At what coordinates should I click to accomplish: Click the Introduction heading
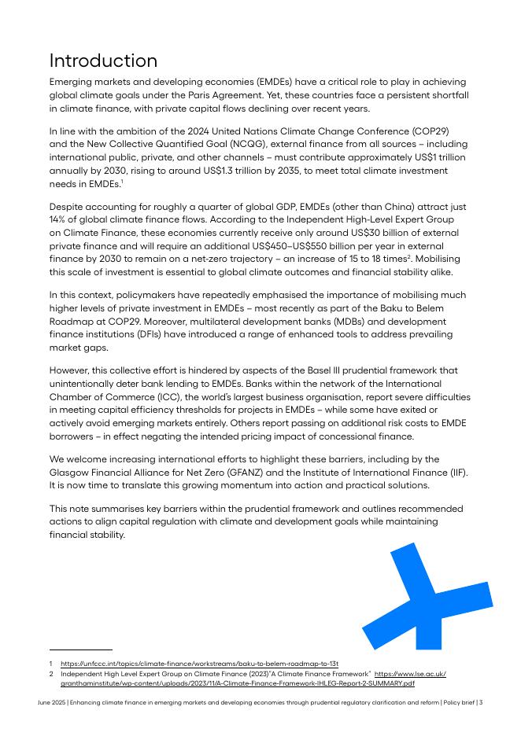coord(103,61)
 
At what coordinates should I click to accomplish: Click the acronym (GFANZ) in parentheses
coord(264,472)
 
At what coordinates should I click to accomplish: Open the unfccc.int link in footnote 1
coord(199,664)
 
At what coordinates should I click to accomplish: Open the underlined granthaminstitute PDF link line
coord(237,684)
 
